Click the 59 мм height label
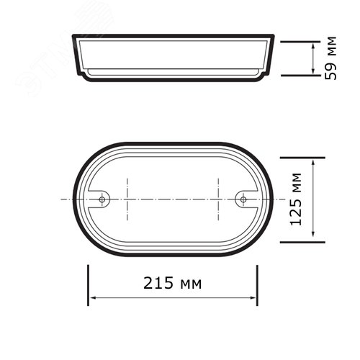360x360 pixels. point(332,57)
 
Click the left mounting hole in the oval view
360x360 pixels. point(103,199)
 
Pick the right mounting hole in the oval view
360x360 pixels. point(243,199)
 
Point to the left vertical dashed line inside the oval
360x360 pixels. point(127,199)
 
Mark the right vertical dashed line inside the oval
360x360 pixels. point(218,199)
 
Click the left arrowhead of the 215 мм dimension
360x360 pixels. point(93,298)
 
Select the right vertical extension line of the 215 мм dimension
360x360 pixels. point(257,284)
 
